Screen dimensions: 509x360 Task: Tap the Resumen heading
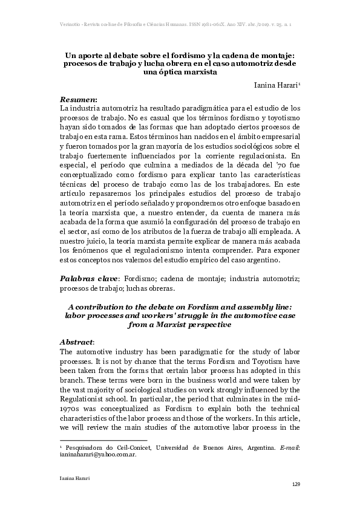coord(79,98)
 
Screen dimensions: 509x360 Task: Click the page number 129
coord(296,484)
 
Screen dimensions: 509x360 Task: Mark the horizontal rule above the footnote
coord(103,439)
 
